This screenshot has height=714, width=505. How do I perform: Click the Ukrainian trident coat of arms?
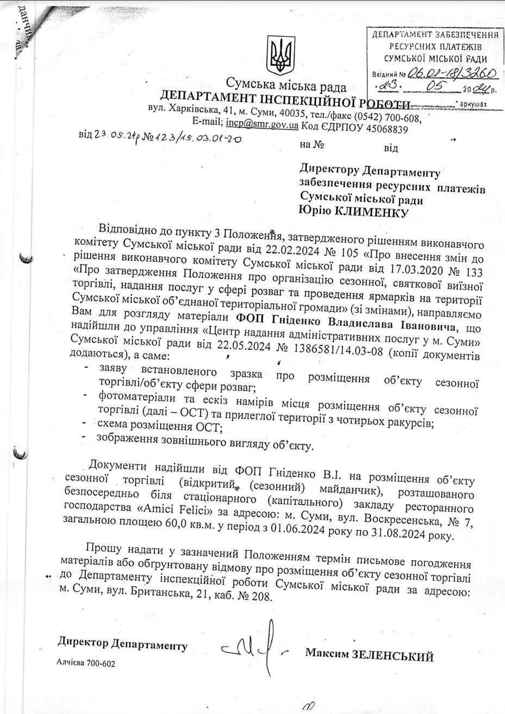tap(280, 55)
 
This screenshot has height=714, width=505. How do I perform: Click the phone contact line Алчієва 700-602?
tap(86, 664)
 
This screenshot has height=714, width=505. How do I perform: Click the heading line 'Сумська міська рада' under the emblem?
tap(286, 85)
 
